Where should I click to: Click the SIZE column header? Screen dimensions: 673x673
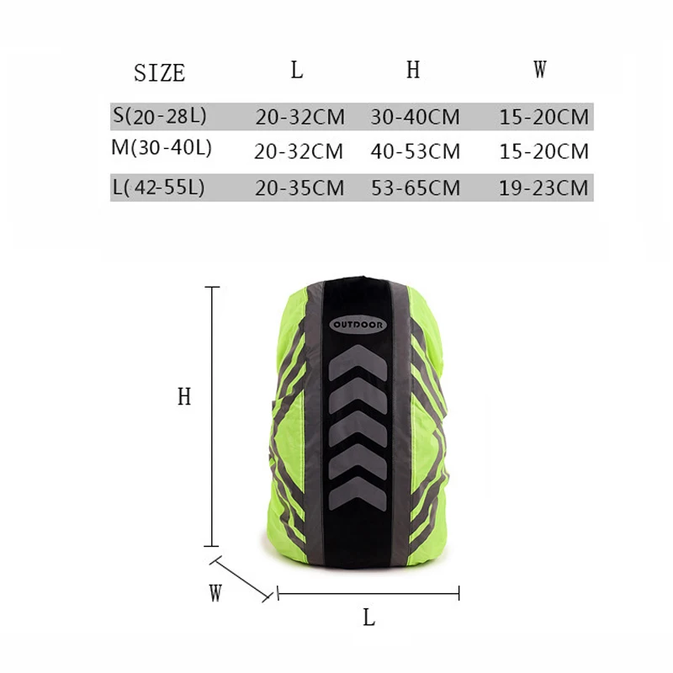[x=160, y=72]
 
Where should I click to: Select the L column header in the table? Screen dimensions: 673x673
[x=297, y=70]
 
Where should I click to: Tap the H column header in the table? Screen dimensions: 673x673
[x=413, y=70]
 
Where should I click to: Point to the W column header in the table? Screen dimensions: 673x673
[x=540, y=69]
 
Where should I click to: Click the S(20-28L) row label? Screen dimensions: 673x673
[x=160, y=115]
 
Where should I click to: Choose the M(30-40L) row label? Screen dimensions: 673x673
[x=162, y=148]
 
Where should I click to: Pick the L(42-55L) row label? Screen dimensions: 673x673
[x=158, y=187]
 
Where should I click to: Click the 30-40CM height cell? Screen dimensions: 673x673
[x=415, y=117]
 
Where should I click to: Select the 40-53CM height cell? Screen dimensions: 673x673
[x=416, y=151]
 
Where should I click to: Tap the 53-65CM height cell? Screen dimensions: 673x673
[x=416, y=188]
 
